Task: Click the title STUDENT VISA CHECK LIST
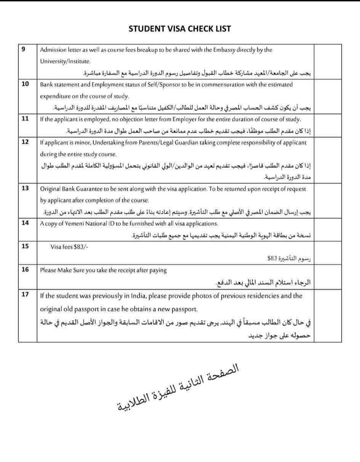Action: [179, 29]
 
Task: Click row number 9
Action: [24, 49]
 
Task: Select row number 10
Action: [25, 84]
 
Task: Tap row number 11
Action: [25, 119]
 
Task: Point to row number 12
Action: [25, 142]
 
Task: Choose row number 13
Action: [25, 188]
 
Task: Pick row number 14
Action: [25, 223]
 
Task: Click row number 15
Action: [25, 246]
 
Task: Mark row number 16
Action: [25, 270]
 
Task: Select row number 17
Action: [25, 295]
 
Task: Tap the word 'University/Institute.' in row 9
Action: [65, 61]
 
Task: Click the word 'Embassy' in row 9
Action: [224, 50]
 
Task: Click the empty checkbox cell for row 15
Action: [328, 252]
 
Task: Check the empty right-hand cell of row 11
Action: [328, 124]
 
